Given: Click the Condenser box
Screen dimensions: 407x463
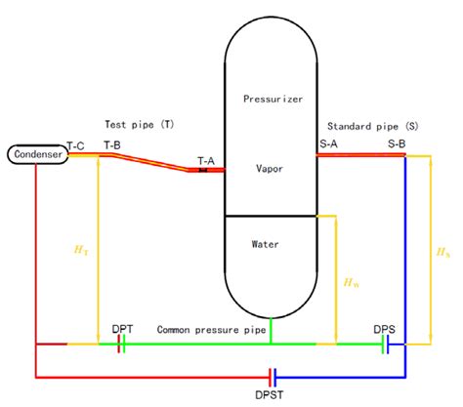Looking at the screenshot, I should click(36, 154).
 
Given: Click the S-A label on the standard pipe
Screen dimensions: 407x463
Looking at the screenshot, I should click(328, 143).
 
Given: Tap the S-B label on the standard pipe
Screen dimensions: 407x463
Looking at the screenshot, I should click(397, 143).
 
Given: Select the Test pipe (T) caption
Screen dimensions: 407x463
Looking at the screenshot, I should click(137, 125).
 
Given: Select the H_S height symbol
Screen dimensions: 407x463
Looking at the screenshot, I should click(444, 252).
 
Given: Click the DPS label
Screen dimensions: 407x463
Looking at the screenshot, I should click(384, 329).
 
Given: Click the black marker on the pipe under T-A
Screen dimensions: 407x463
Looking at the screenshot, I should click(203, 171).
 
